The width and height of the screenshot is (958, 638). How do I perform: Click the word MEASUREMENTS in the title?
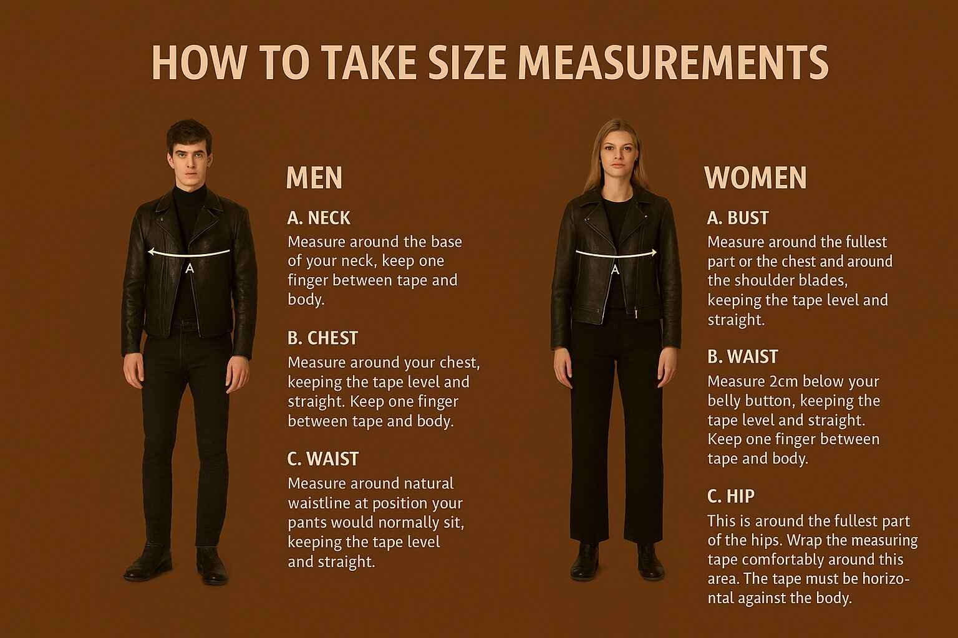tap(673, 63)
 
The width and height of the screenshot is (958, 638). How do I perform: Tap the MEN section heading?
tap(314, 178)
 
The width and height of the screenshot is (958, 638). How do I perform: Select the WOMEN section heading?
tap(755, 178)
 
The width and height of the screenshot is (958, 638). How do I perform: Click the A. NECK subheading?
tap(319, 218)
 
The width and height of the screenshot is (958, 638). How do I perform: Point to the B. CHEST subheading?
tap(322, 338)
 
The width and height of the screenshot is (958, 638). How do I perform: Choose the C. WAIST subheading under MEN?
tap(323, 459)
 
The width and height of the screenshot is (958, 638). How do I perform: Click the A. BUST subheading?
tap(738, 218)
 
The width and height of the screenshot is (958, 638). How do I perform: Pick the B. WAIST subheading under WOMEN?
tap(742, 357)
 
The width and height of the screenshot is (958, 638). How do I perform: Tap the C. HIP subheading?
tap(731, 496)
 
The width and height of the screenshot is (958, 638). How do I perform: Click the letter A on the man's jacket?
tap(190, 269)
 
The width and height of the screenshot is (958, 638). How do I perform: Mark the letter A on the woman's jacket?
tap(615, 270)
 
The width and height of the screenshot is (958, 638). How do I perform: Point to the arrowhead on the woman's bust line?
tap(654, 252)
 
